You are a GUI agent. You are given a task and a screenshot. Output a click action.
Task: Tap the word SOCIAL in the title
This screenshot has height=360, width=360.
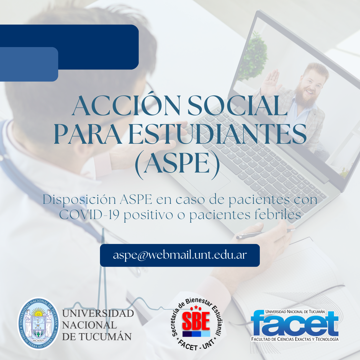[237, 106]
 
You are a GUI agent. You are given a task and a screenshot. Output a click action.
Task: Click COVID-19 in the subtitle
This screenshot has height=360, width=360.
[89, 215]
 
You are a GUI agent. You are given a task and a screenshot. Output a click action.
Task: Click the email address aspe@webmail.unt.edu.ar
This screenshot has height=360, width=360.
[180, 255]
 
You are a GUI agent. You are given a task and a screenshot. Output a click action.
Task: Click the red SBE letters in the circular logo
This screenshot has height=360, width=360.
[196, 321]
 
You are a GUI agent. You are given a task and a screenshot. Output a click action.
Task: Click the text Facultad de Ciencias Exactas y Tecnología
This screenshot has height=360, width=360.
[295, 339]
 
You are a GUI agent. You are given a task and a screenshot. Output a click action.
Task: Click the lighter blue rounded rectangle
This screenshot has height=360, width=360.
[29, 64]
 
